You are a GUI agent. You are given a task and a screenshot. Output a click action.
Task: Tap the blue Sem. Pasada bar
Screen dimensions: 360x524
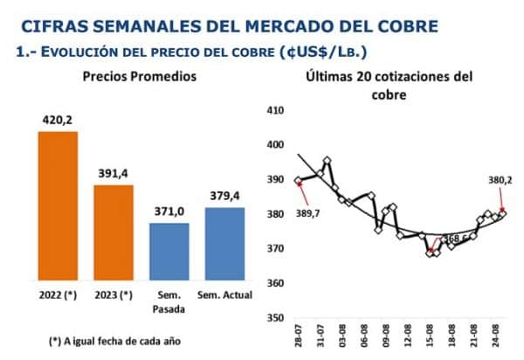(x=169, y=251)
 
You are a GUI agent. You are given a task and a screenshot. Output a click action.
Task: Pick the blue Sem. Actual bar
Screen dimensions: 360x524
(x=225, y=243)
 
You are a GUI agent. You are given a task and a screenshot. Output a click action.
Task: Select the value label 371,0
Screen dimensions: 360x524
(x=169, y=211)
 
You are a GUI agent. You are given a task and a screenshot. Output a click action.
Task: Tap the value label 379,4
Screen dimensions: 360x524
(x=225, y=196)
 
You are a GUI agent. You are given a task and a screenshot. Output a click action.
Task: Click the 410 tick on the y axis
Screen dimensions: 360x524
(x=276, y=111)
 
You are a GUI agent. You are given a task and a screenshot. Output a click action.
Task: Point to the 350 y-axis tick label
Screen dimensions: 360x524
(x=276, y=318)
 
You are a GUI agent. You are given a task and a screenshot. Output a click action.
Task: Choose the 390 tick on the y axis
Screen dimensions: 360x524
(x=276, y=180)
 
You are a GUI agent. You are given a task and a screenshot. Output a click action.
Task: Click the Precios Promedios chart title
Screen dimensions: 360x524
(x=139, y=77)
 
